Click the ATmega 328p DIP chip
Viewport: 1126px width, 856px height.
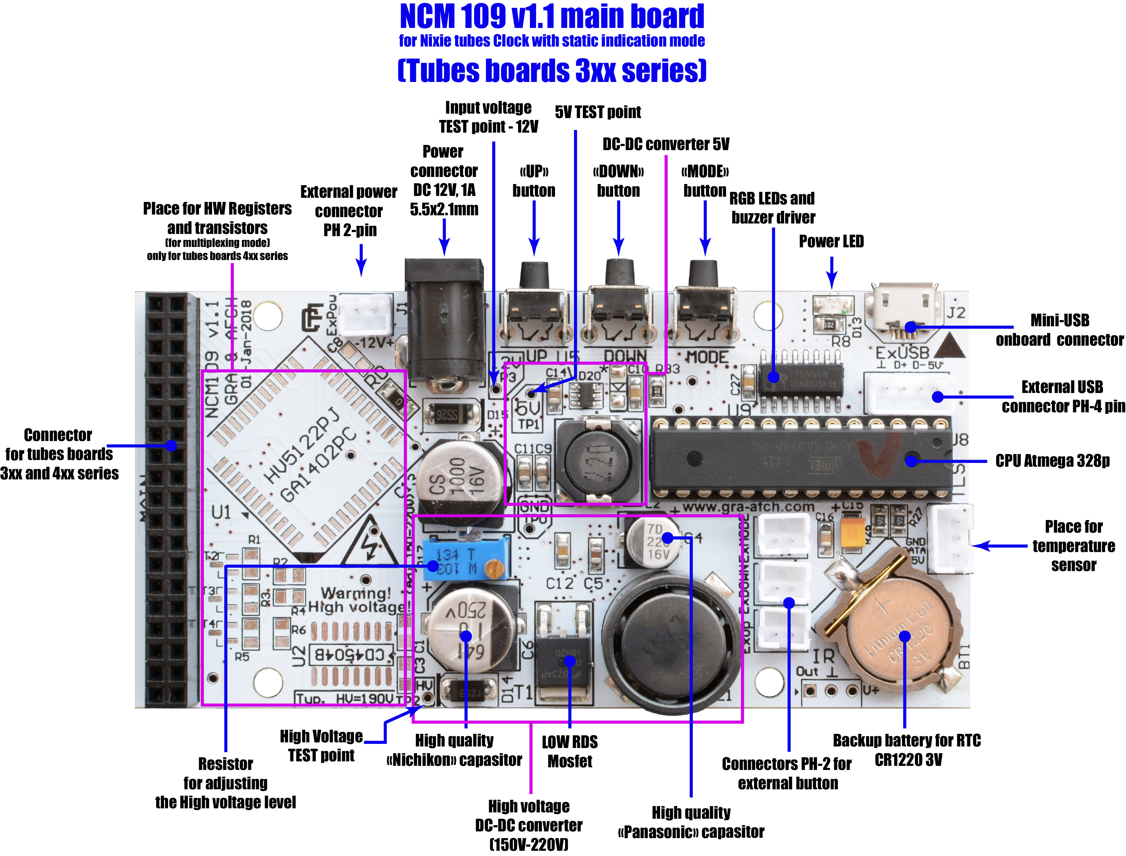click(800, 457)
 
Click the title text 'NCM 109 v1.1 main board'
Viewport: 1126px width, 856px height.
click(552, 16)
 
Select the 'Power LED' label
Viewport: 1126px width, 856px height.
click(831, 241)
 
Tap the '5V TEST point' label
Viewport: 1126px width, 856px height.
click(597, 112)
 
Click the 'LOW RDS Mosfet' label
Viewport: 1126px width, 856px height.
click(570, 752)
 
